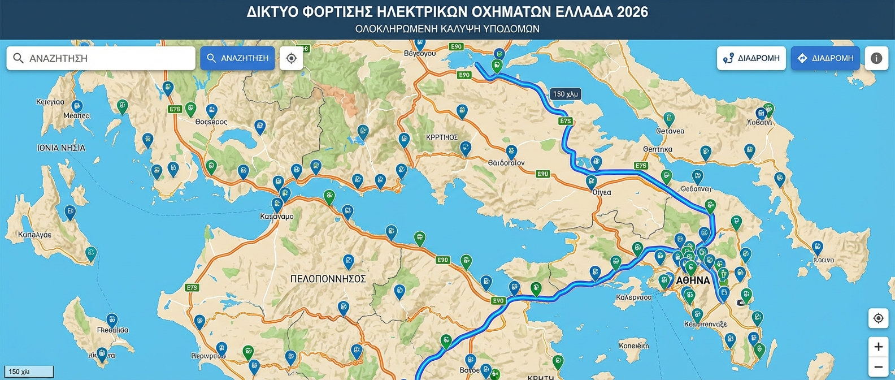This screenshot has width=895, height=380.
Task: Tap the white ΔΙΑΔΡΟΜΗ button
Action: [751, 58]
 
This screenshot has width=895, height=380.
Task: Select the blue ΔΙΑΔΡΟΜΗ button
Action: [825, 58]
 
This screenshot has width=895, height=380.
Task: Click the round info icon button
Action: [876, 58]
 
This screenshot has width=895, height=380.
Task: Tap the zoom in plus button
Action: [878, 347]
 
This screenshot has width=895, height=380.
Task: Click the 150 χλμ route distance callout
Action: [565, 94]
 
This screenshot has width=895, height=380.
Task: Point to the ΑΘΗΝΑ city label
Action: [693, 280]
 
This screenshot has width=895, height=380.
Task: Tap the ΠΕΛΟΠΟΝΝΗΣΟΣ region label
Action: [328, 279]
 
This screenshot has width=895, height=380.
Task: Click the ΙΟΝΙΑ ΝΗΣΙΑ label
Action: [61, 148]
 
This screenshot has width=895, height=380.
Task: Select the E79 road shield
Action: [192, 288]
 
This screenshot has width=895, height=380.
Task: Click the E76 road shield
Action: [175, 109]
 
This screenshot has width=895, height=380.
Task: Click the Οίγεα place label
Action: [602, 192]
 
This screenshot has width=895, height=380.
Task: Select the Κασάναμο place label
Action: [276, 217]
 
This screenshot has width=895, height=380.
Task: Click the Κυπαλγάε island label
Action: [34, 235]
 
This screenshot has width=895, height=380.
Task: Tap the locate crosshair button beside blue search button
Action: [292, 58]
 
